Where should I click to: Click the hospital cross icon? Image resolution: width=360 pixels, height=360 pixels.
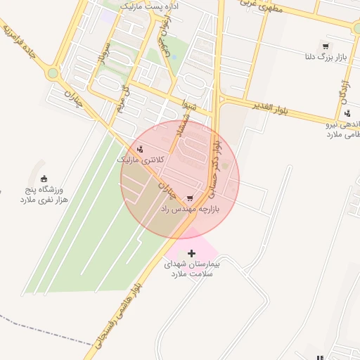tap(192, 252)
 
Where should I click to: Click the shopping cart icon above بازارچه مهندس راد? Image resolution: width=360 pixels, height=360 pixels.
tap(189, 198)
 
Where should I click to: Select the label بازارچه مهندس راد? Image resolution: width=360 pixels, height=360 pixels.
tap(191, 209)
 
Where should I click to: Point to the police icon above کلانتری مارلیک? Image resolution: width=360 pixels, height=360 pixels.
tap(141, 148)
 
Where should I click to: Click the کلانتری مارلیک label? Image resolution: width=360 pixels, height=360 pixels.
tap(141, 160)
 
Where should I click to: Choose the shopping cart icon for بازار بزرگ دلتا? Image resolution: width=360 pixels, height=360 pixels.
tap(325, 44)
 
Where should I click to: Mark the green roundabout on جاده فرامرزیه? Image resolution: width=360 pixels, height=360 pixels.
tap(52, 72)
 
